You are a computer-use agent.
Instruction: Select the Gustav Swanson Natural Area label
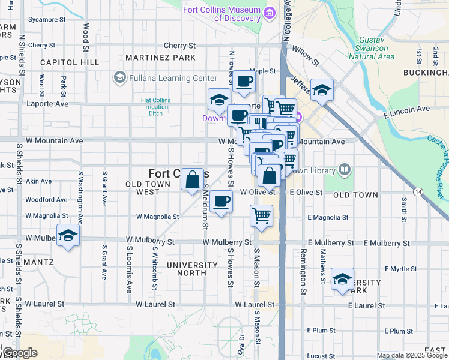pyautogui.click(x=375, y=48)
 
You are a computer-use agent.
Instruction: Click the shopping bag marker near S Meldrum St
pyautogui.click(x=192, y=179)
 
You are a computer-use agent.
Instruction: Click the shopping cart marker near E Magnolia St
pyautogui.click(x=261, y=215)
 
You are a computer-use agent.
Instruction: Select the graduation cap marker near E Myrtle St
pyautogui.click(x=342, y=279)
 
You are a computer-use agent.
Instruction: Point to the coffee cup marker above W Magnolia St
pyautogui.click(x=221, y=202)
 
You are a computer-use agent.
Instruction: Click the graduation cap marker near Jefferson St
pyautogui.click(x=322, y=90)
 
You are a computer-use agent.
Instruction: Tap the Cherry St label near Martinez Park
pyautogui.click(x=179, y=46)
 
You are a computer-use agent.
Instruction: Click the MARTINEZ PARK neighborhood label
pyautogui.click(x=161, y=58)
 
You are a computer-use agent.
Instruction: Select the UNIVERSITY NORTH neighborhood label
pyautogui.click(x=191, y=268)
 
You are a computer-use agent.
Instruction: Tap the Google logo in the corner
pyautogui.click(x=19, y=353)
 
